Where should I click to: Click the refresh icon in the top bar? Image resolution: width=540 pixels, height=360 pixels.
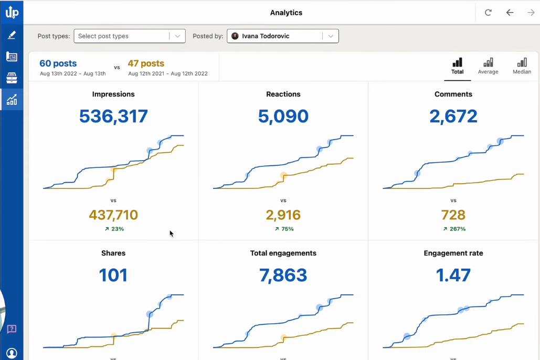488,13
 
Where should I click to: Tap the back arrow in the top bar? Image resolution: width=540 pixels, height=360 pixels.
510,13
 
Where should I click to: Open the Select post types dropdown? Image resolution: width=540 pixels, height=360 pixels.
129,36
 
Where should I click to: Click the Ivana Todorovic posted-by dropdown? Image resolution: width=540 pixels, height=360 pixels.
282,36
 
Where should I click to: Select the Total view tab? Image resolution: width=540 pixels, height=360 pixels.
457,66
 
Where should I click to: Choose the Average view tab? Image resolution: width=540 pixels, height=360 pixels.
488,66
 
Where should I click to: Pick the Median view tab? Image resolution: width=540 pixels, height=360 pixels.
522,66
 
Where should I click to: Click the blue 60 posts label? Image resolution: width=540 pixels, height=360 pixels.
58,63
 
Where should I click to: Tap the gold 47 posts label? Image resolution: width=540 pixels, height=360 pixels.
146,63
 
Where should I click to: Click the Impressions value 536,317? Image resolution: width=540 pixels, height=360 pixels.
113,116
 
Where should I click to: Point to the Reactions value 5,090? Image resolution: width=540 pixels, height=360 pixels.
283,116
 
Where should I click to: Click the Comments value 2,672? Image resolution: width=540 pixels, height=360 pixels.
453,116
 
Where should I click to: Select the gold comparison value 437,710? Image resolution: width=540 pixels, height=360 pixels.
113,215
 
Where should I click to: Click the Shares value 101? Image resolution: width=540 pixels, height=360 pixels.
113,275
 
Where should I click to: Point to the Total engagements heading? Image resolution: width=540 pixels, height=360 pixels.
283,253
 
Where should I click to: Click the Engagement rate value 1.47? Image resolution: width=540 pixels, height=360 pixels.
453,275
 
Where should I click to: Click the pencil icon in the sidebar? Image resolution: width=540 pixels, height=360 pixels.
12,35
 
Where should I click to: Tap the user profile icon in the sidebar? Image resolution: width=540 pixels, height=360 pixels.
12,353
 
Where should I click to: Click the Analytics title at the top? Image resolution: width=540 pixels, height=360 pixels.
286,13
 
